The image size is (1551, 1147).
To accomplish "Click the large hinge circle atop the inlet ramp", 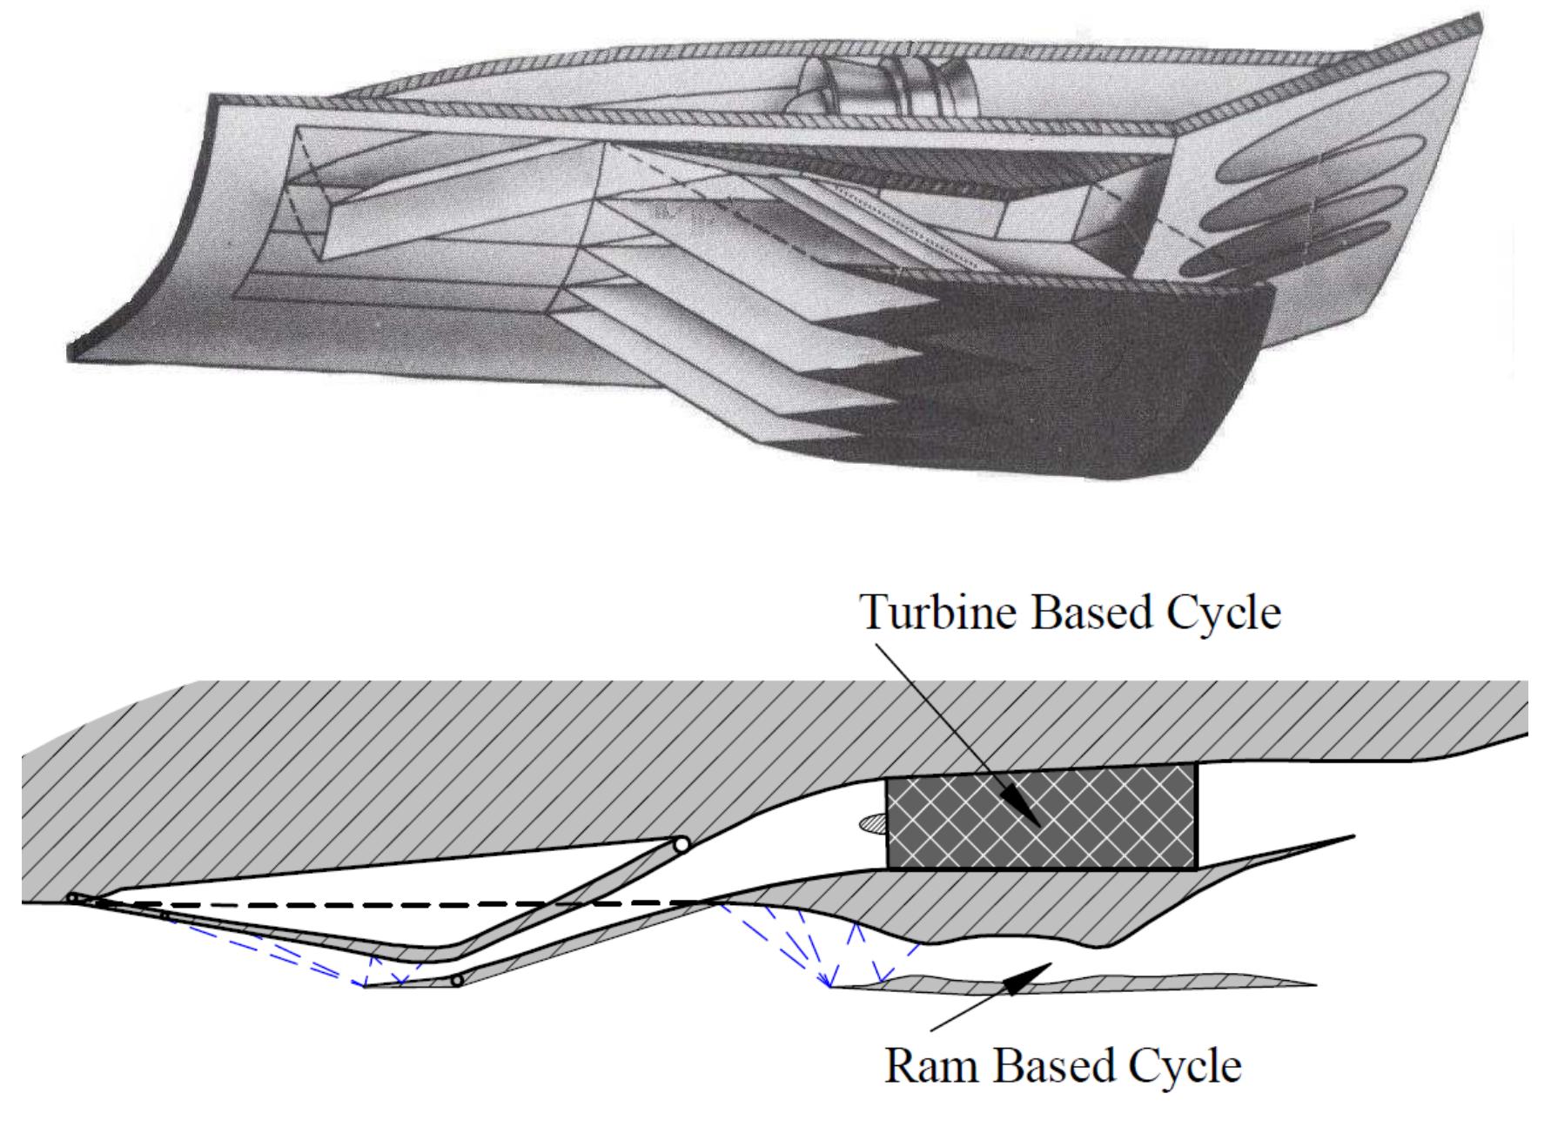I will coord(681,844).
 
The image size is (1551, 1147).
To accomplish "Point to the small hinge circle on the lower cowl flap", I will coord(455,981).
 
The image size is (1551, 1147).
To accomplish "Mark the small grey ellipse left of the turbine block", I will coord(870,821).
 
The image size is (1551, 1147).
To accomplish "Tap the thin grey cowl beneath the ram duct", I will coord(1071,983).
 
